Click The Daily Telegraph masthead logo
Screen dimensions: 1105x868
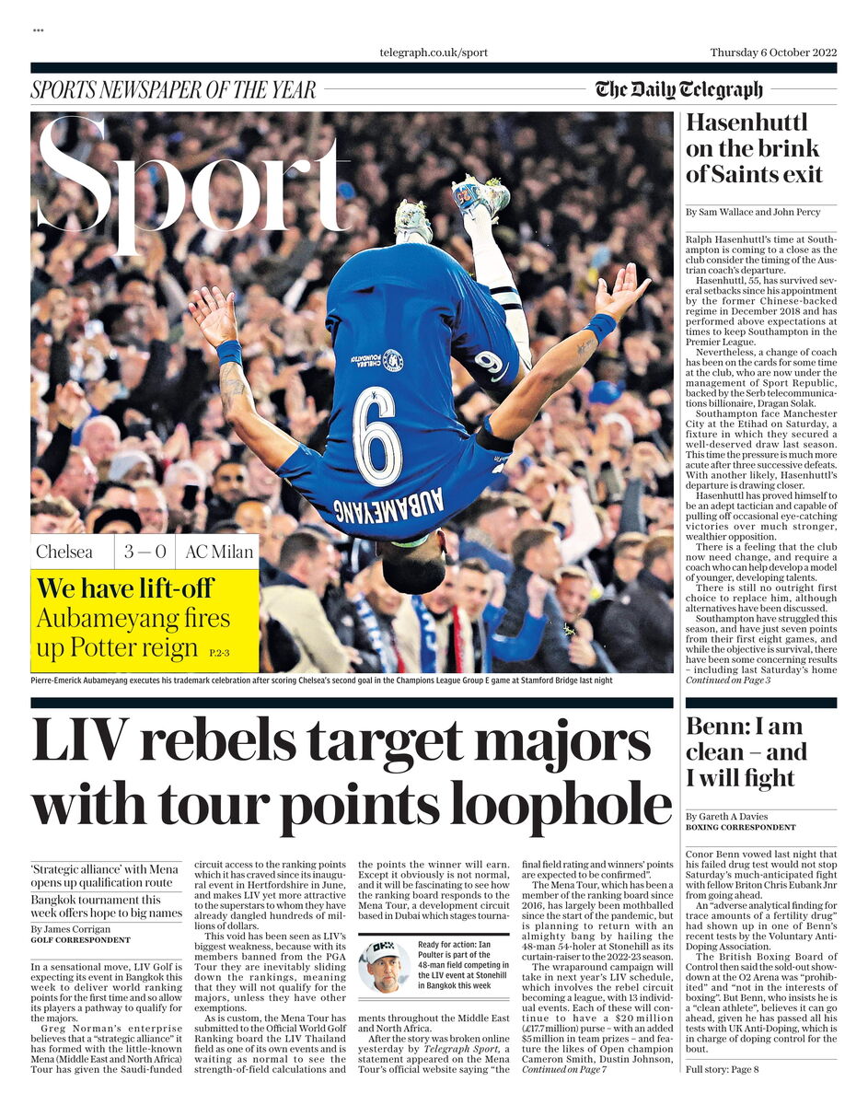point(678,89)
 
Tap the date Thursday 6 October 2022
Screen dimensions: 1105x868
point(773,52)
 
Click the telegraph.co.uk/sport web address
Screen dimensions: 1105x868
point(434,52)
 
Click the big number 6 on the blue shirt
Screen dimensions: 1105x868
point(377,436)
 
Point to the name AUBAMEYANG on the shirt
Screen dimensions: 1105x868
point(388,507)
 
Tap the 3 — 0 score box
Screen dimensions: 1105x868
point(145,552)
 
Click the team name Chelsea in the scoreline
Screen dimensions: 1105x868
point(64,552)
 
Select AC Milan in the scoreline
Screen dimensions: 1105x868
point(215,552)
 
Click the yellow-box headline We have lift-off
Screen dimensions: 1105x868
point(125,587)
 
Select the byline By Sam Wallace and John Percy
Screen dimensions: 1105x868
point(753,212)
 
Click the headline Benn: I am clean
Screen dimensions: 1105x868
point(746,751)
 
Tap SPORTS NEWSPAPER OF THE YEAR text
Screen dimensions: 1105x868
point(173,90)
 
